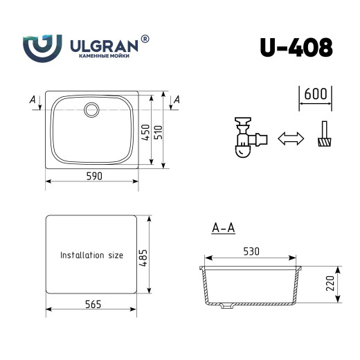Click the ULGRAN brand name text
pyautogui.click(x=104, y=45)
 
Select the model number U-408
pyautogui.click(x=296, y=46)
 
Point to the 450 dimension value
pyautogui.click(x=145, y=132)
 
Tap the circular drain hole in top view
pyautogui.click(x=91, y=109)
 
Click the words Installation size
pyautogui.click(x=91, y=255)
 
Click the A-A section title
pyautogui.click(x=223, y=227)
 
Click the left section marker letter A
pyautogui.click(x=33, y=100)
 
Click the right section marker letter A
pyautogui.click(x=177, y=100)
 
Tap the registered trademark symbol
pyautogui.click(x=145, y=39)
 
